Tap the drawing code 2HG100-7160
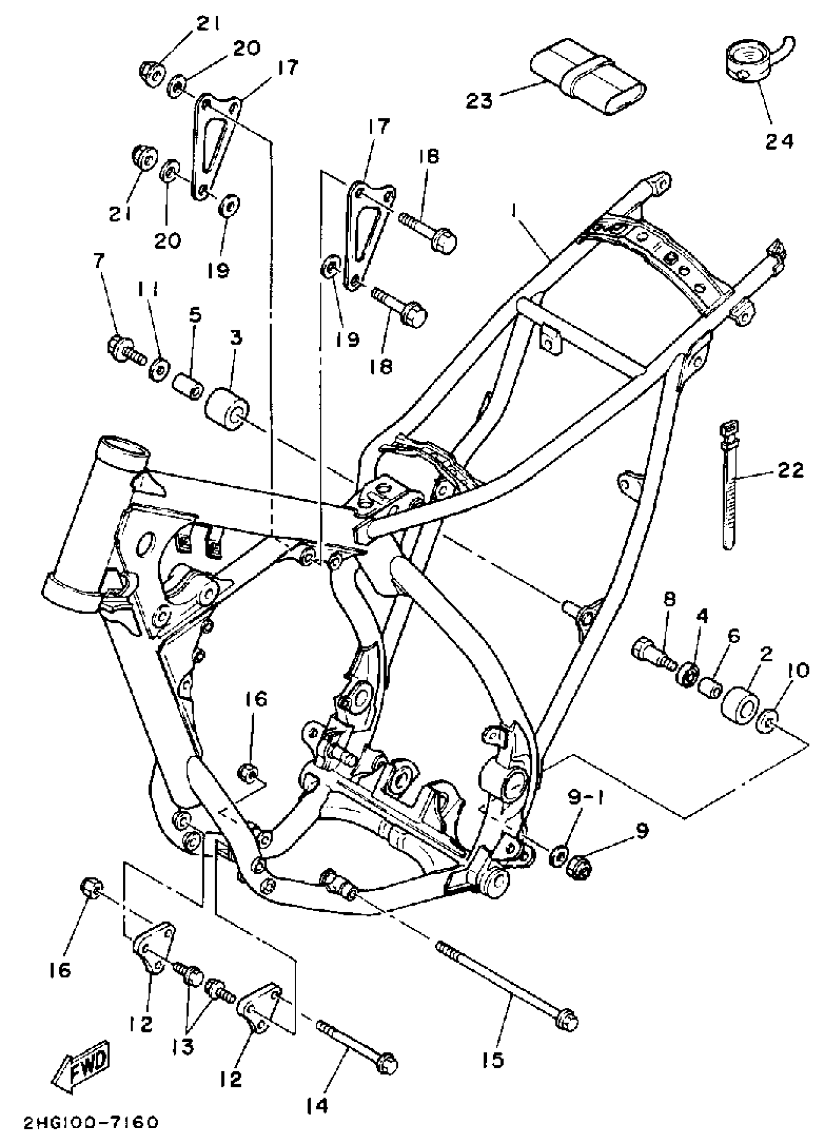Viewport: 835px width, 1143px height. coord(91,1123)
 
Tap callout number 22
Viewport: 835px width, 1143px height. coord(790,470)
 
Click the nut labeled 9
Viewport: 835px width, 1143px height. coord(580,867)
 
